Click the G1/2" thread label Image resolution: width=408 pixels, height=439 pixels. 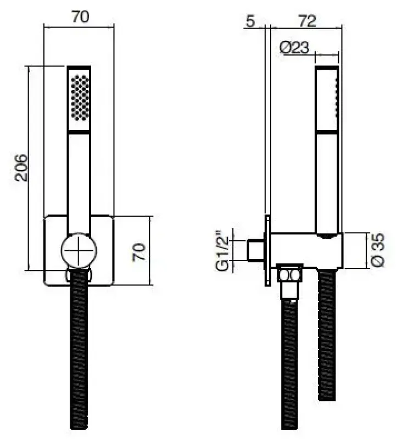click(x=222, y=251)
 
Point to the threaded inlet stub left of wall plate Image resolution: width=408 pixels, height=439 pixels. click(x=255, y=251)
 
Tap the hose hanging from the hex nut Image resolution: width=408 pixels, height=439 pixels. click(x=289, y=362)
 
